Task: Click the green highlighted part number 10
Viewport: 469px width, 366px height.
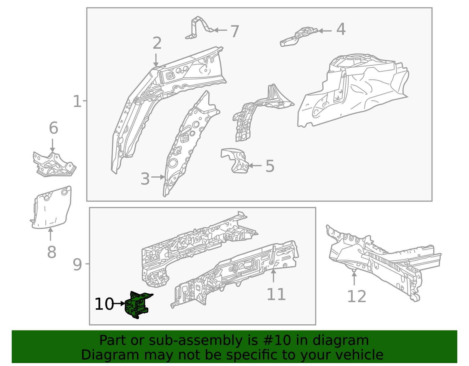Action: pos(137,305)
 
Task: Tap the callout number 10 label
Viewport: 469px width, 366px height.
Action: pos(104,304)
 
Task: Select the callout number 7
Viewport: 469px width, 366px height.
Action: pos(235,31)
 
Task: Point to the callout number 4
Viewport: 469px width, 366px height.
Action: pos(341,30)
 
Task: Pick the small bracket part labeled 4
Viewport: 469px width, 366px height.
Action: pos(299,36)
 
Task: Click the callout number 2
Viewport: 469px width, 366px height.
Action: pos(157,43)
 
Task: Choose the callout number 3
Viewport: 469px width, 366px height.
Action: pos(145,179)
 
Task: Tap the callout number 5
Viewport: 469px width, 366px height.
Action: pos(270,166)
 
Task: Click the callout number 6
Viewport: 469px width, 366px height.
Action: pos(53,128)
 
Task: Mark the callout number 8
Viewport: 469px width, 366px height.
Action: pos(52,252)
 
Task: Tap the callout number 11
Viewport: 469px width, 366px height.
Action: pos(276,294)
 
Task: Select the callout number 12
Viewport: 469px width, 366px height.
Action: pos(356,296)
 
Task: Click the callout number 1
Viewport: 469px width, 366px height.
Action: pos(77,101)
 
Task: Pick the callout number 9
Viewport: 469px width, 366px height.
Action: pos(77,265)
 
